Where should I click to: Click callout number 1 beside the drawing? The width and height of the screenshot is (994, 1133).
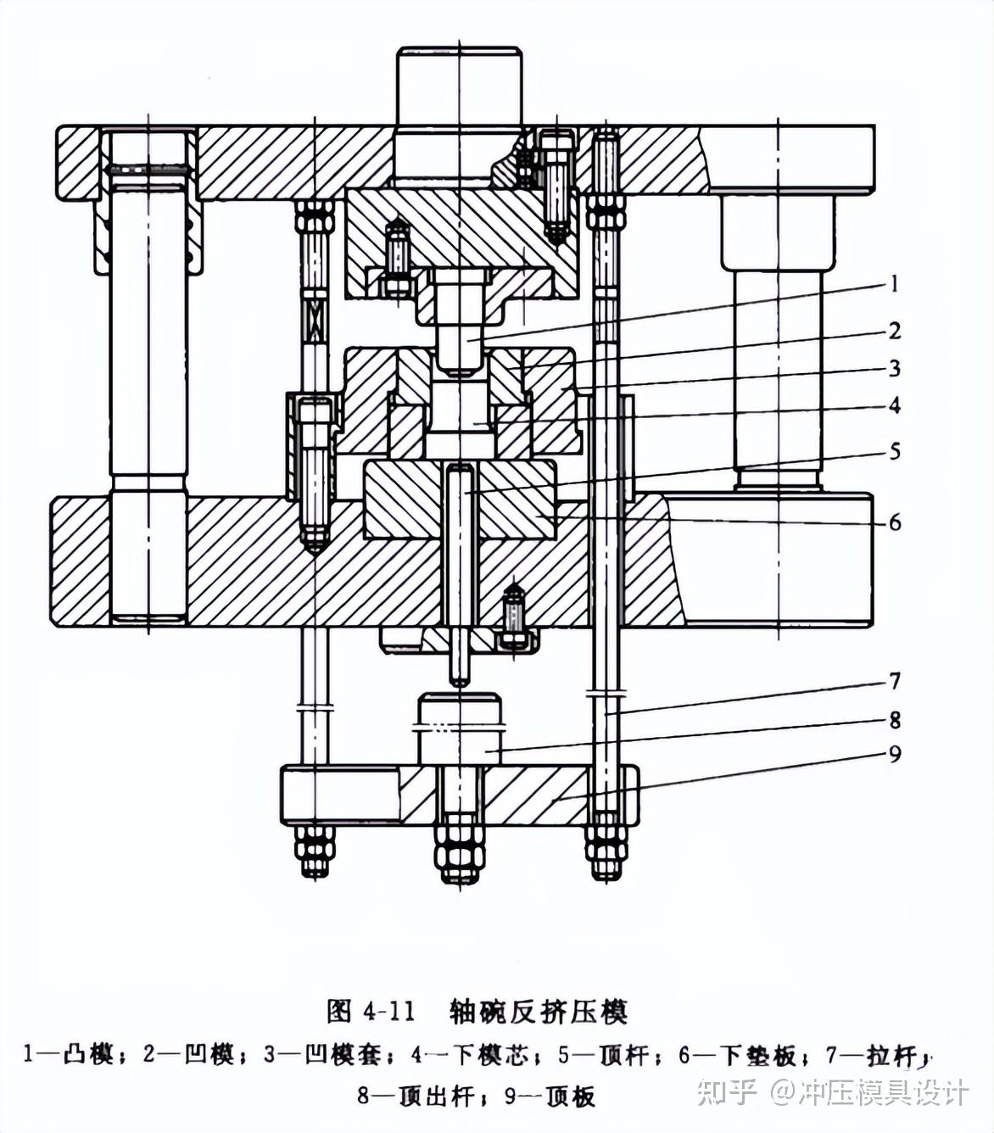pos(893,284)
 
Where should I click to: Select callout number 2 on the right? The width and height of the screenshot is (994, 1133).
pos(894,331)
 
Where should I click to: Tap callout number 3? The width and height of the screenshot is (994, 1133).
pos(894,368)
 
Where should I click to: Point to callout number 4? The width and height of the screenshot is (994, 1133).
pos(894,405)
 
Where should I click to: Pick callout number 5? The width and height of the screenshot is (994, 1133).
pos(895,451)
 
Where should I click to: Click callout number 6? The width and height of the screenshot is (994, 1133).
pos(895,522)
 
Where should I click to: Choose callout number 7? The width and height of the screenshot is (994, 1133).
pos(894,681)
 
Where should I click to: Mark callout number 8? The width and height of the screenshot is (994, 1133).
pos(894,720)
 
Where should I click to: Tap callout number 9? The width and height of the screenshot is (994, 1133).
pos(894,754)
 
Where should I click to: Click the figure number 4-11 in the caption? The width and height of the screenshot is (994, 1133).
pos(388,1012)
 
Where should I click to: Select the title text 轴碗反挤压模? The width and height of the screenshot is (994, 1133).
pos(539,1012)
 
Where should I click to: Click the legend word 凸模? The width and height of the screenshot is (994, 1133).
pos(91,1055)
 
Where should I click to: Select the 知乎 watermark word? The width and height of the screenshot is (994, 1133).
pos(727,1091)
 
